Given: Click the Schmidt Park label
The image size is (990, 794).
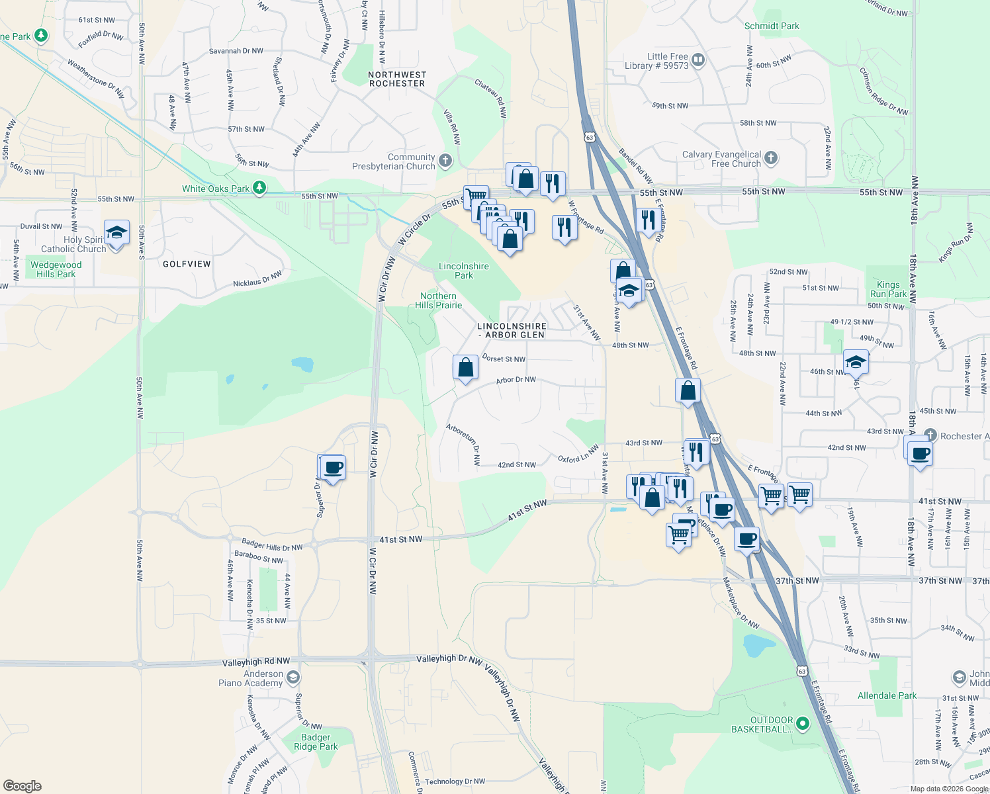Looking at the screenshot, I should point(772,26).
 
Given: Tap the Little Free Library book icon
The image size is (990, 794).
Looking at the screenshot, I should point(698,61).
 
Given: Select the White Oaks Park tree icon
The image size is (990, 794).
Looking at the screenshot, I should point(259,189).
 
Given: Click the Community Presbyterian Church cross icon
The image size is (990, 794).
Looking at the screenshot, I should point(445,160).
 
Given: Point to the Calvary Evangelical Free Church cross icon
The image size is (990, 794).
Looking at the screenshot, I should point(771,158).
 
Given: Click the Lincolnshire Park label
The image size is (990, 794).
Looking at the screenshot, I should point(464,271).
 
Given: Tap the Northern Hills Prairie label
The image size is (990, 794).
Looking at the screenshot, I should point(438,300).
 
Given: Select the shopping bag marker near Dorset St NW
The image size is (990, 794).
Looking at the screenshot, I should point(465,367).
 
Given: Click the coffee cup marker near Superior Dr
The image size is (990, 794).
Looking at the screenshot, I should point(333,468).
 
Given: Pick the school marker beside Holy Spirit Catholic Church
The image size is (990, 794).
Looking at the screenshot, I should point(116,233).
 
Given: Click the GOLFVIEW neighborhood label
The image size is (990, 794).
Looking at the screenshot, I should point(187,264).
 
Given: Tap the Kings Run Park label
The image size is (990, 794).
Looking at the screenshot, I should point(888,289).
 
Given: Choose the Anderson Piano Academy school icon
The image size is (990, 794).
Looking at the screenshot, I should point(293,678).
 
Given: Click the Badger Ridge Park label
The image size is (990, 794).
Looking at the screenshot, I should point(316,742).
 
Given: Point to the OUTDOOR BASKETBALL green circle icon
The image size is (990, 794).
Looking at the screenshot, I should point(803,724).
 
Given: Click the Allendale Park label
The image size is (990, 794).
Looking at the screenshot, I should point(887,695).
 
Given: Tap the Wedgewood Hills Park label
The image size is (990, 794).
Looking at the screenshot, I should point(56,269).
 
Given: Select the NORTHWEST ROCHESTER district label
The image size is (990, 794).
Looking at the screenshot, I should point(397,79).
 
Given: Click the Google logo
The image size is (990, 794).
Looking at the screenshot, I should point(22,786).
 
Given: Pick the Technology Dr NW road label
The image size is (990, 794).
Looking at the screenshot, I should point(455,781).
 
